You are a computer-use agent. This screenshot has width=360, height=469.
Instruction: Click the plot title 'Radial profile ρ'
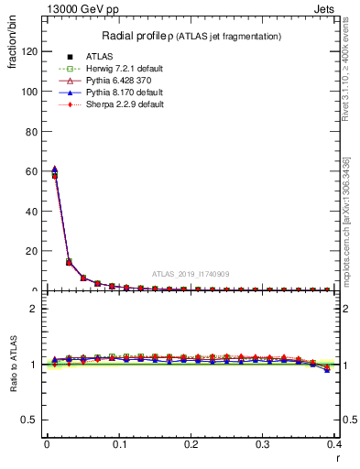pos(134,36)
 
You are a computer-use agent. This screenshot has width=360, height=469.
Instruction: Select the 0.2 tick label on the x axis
pos(191,444)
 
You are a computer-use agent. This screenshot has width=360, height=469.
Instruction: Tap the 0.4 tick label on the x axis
pos(334,444)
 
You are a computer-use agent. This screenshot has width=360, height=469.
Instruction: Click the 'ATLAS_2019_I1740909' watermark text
pos(191,274)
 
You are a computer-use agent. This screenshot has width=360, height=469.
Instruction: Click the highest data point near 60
pos(54,169)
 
